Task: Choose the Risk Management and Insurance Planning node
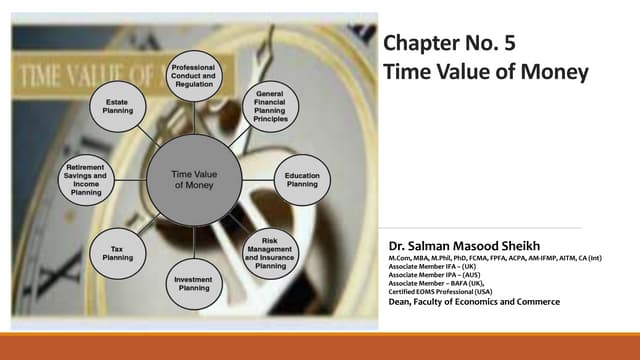click(270, 255)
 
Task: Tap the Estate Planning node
click(118, 105)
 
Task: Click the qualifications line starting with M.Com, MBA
click(480, 259)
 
